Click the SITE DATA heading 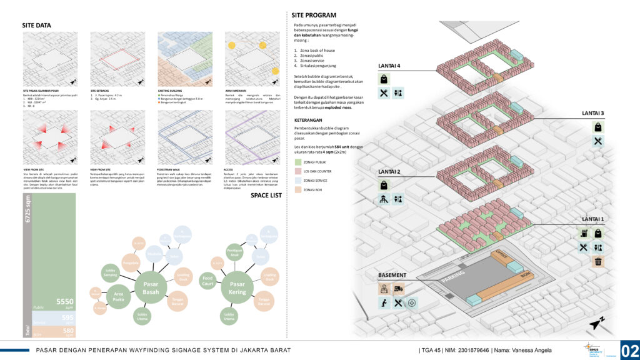click(37, 26)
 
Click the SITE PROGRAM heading click(315, 15)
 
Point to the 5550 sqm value click(65, 302)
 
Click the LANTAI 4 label click(389, 66)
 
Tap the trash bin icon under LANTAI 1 click(599, 262)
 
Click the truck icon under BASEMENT click(399, 289)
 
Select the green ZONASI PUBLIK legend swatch click(298, 162)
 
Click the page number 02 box click(629, 349)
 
